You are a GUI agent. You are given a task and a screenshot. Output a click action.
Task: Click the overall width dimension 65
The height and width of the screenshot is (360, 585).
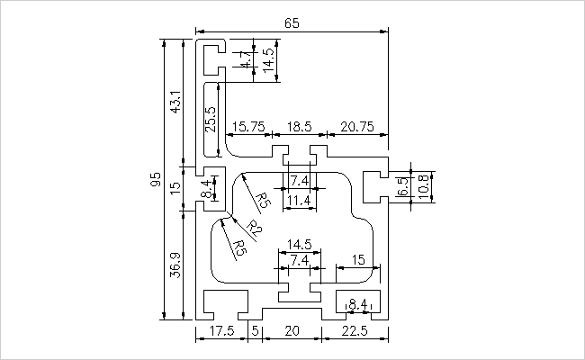pos(292,23)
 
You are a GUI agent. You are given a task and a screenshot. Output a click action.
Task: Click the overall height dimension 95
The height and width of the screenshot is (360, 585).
pos(156,179)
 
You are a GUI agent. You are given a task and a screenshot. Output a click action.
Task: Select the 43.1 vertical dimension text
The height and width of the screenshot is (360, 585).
pos(176,102)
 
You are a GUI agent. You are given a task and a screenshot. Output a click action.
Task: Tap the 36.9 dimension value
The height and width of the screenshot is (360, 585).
pos(175,265)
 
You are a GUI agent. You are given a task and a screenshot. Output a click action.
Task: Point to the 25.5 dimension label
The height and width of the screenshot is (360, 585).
pos(211,119)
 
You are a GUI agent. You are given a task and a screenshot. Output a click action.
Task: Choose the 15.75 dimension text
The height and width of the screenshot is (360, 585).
pos(248,127)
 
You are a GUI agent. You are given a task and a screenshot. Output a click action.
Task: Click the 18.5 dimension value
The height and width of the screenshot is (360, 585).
pos(299,127)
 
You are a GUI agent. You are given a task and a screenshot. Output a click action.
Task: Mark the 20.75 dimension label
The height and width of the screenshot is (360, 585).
pos(357,127)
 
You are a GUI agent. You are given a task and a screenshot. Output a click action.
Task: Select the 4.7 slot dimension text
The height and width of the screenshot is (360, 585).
pos(246,59)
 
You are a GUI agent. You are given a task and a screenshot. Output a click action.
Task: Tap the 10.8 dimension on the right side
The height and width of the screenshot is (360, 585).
pos(424,186)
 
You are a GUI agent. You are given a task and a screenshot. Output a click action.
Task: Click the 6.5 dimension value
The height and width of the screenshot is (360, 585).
pos(403,186)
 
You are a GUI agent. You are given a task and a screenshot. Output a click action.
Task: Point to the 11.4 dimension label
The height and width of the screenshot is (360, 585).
pos(299,201)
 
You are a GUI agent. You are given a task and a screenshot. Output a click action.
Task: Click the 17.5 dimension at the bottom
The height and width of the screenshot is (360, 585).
pos(221,330)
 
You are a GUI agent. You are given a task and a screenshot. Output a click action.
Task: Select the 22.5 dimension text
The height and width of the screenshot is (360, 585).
pos(355,330)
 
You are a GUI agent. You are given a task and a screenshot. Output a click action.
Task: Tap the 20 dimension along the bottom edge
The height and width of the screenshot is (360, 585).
pos(292,330)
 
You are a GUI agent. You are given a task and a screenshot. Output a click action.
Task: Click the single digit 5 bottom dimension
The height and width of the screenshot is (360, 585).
pos(256,330)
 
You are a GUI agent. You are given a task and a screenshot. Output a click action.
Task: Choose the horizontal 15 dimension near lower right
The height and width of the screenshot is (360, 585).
pos(358,259)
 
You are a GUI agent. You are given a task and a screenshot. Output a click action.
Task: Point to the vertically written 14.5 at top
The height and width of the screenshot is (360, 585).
pos(268,59)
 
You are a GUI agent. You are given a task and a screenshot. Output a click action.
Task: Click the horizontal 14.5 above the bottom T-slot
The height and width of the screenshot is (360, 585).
pos(299,245)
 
